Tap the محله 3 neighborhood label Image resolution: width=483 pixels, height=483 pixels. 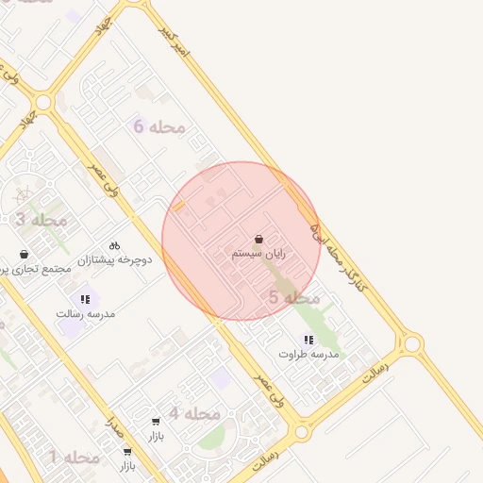41,220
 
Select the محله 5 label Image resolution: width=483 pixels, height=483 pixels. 294,298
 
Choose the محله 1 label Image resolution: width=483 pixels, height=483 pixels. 74,458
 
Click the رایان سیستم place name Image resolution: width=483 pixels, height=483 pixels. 258,254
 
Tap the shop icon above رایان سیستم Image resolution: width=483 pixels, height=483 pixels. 259,240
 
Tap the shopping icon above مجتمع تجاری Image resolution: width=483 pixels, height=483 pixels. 24,254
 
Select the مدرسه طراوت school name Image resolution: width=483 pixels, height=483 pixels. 308,354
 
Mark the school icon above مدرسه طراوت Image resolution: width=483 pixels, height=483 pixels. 308,340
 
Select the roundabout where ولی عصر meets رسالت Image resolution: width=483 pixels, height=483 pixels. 301,432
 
